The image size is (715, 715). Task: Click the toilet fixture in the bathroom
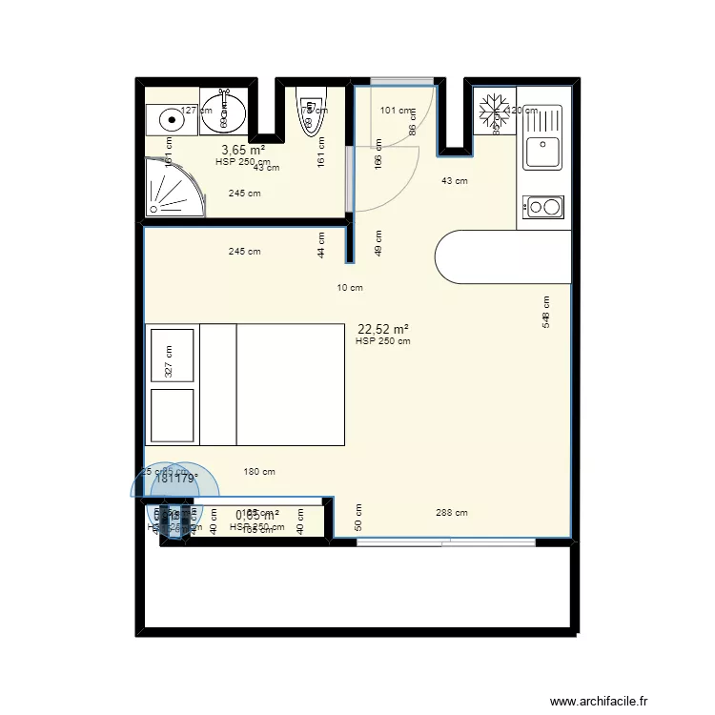tap(312, 109)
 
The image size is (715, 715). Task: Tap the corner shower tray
tap(173, 188)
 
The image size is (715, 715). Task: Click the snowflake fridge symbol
tap(494, 111)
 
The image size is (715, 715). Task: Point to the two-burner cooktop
tap(543, 207)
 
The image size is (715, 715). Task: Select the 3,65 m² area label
tap(242, 150)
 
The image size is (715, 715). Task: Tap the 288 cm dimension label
tap(451, 513)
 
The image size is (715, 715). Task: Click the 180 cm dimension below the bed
tap(259, 471)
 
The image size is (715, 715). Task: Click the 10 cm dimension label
tap(350, 287)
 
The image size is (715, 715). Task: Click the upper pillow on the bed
tap(172, 355)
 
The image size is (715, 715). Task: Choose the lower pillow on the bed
tap(172, 415)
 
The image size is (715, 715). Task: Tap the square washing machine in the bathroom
tap(170, 119)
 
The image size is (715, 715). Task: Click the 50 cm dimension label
tap(358, 519)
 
